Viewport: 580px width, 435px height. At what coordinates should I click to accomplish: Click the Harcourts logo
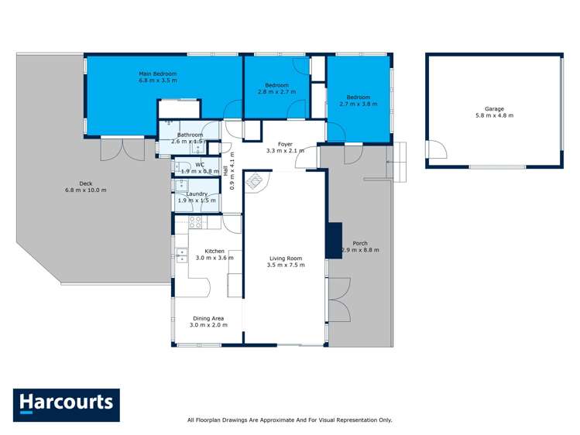point(66,405)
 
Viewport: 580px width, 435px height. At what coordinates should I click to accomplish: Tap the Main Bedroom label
point(158,74)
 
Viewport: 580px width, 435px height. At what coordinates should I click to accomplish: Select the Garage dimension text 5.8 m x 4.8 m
point(495,115)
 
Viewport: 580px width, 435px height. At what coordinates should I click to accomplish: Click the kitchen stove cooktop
point(196,222)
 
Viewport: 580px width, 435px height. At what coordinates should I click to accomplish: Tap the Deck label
point(85,183)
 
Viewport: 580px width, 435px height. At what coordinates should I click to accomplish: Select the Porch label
point(360,243)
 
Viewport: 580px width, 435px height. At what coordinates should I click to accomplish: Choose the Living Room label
point(286,259)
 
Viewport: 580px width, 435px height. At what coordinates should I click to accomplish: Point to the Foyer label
point(286,143)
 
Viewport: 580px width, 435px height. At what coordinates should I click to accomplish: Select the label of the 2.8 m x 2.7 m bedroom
point(276,85)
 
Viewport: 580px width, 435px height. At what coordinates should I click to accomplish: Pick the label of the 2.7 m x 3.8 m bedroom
point(359,97)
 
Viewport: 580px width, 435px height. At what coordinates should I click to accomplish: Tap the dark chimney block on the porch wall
point(334,240)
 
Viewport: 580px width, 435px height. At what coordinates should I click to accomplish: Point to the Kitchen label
point(214,251)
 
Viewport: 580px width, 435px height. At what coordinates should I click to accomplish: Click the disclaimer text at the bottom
point(290,420)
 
